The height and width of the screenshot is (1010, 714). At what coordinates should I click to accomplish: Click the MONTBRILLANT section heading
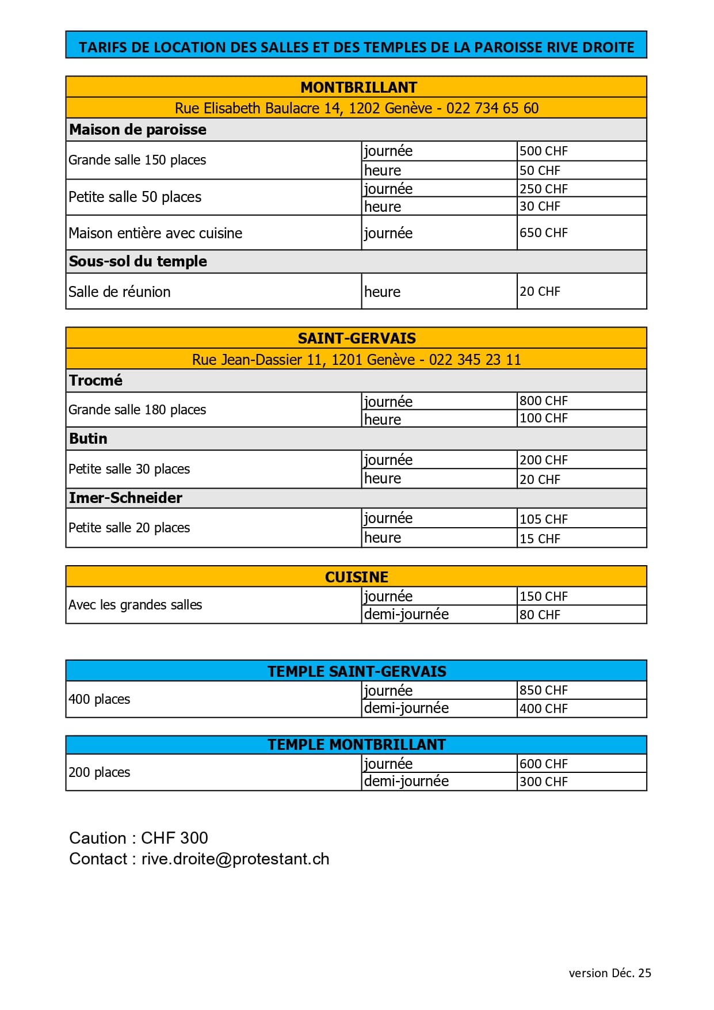click(358, 87)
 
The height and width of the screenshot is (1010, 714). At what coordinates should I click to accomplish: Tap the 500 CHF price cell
click(543, 151)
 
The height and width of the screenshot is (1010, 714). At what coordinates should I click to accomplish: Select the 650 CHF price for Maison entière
click(543, 233)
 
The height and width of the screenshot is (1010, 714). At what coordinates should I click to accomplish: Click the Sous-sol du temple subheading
click(138, 261)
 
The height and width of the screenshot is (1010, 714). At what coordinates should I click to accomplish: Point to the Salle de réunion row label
click(120, 292)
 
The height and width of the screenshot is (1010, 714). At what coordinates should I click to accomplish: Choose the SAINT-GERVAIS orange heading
click(357, 338)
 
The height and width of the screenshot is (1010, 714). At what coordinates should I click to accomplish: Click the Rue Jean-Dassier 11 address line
click(356, 360)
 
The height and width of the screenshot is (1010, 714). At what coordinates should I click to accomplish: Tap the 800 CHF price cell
click(543, 401)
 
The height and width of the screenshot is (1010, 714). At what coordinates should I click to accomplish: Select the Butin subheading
click(88, 439)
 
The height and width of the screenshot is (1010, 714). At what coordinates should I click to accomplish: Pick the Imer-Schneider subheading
click(125, 498)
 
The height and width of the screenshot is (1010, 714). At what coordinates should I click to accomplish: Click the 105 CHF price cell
click(543, 519)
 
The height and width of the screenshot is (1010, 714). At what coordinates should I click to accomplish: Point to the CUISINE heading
click(356, 577)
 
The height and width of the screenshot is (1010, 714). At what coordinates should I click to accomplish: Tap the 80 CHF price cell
click(540, 615)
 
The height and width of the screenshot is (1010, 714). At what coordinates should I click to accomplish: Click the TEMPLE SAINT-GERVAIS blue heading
click(357, 671)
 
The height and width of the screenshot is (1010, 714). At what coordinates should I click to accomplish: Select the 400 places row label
click(99, 699)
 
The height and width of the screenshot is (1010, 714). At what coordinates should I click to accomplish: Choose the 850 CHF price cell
click(543, 690)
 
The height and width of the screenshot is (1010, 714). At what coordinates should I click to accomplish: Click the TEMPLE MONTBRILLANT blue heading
click(357, 745)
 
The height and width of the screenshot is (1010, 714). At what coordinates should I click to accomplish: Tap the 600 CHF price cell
click(543, 764)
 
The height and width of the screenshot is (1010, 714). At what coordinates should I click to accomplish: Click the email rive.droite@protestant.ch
click(235, 859)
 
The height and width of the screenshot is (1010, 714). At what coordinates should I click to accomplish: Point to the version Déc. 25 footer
click(610, 973)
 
